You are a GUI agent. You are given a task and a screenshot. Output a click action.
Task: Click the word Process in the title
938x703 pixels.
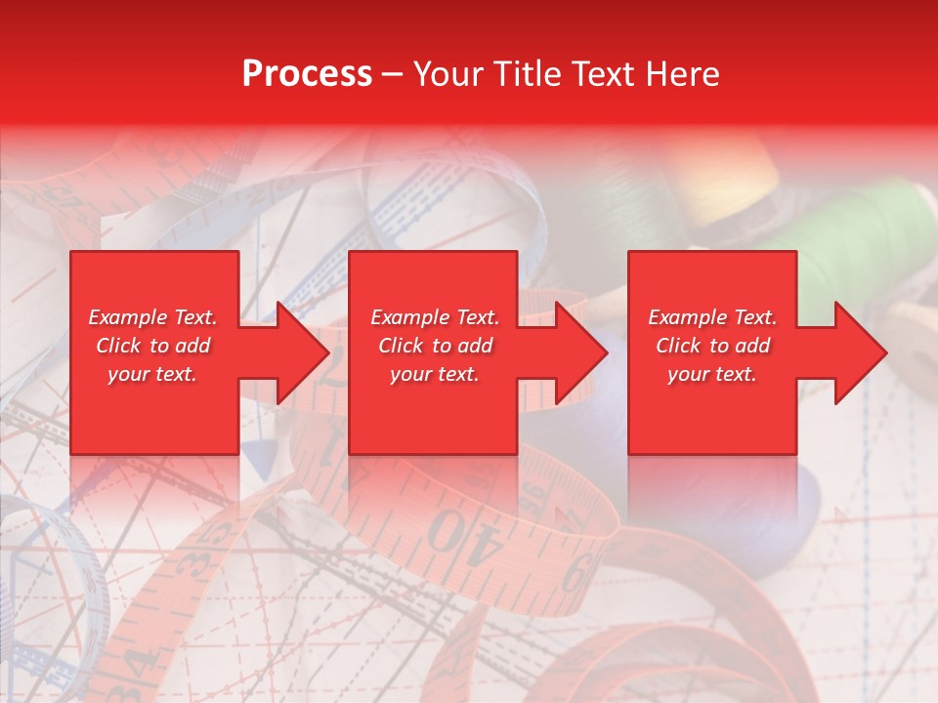click(307, 74)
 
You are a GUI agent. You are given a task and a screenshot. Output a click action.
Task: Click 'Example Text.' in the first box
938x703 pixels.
click(152, 317)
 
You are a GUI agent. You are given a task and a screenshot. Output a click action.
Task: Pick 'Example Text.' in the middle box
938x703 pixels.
click(435, 317)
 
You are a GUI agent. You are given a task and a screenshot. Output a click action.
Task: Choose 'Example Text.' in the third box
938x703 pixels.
click(712, 317)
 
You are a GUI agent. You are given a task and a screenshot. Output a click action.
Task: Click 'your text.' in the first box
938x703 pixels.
click(152, 374)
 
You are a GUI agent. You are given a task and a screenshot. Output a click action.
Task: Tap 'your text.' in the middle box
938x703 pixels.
click(435, 374)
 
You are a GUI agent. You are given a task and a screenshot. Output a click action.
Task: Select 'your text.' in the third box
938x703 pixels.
click(712, 374)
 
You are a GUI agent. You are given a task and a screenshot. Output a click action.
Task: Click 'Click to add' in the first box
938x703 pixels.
click(152, 346)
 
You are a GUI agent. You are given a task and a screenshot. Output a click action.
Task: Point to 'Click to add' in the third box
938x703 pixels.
click(712, 346)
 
